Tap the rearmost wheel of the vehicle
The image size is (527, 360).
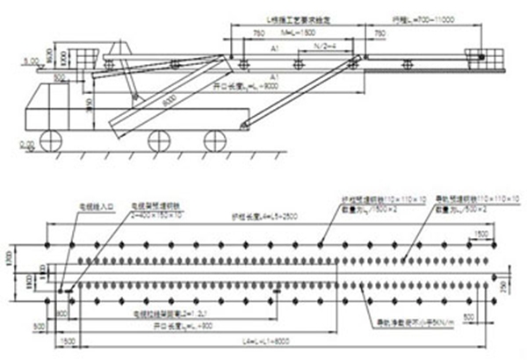214,139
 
